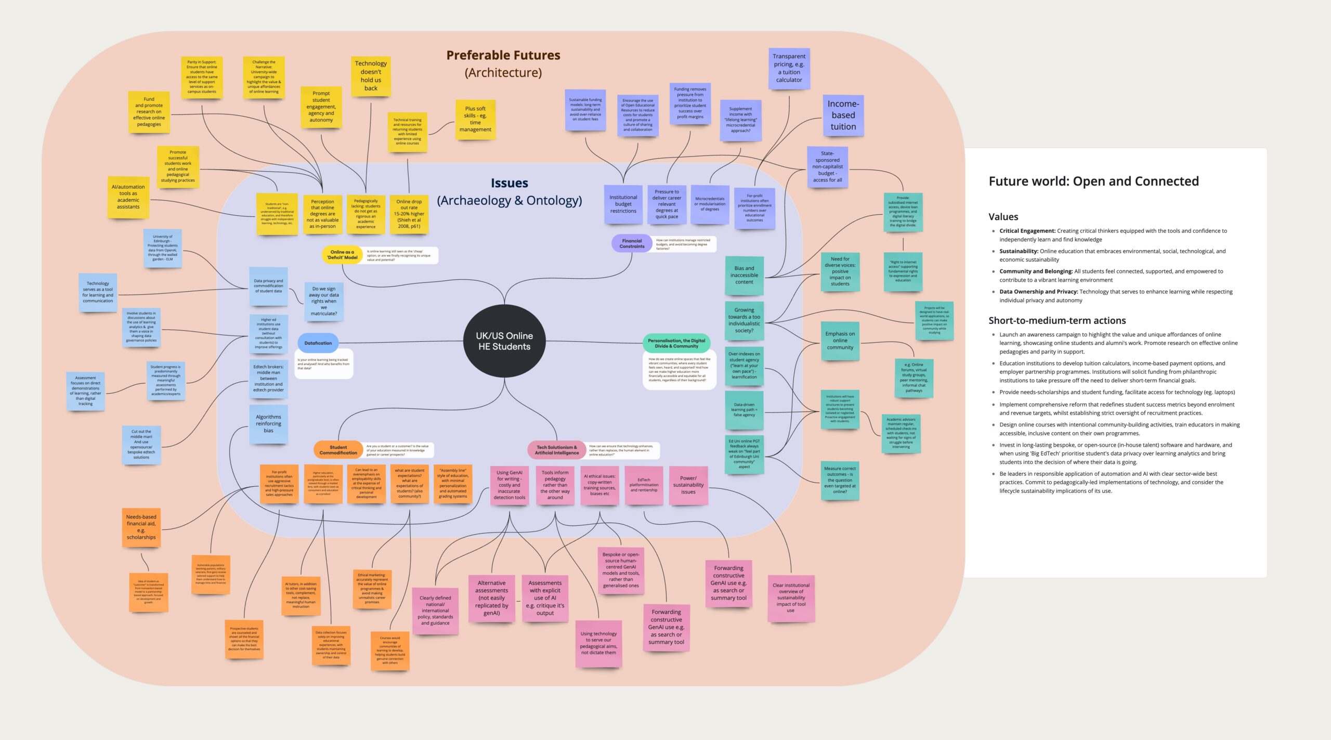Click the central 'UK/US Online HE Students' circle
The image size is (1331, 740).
click(x=504, y=341)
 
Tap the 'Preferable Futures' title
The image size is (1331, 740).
click(x=503, y=55)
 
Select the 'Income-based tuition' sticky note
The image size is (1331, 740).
click(x=843, y=115)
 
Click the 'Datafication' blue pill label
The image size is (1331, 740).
click(x=318, y=343)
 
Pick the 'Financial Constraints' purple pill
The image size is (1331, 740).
click(x=632, y=243)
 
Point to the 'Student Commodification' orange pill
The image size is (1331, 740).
click(x=338, y=450)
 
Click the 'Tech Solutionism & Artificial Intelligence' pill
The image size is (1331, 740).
click(x=556, y=450)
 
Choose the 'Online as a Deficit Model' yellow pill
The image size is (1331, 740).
click(x=342, y=255)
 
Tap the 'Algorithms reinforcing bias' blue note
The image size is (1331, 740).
click(x=268, y=424)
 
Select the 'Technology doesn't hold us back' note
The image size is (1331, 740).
click(x=371, y=76)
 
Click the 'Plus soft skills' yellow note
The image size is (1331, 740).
click(x=475, y=119)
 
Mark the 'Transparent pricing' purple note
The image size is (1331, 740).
click(x=789, y=68)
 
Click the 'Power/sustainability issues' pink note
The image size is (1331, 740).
click(x=688, y=485)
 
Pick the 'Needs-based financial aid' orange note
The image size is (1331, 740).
click(x=141, y=527)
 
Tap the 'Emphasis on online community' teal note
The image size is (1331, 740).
click(x=840, y=341)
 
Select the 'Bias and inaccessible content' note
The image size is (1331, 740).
click(x=744, y=275)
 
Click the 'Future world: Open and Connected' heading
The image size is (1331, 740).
click(x=1093, y=181)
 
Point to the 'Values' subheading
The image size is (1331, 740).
click(x=1003, y=217)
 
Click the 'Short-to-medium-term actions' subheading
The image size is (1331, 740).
click(x=1057, y=320)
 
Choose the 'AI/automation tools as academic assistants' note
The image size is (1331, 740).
click(x=128, y=197)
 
